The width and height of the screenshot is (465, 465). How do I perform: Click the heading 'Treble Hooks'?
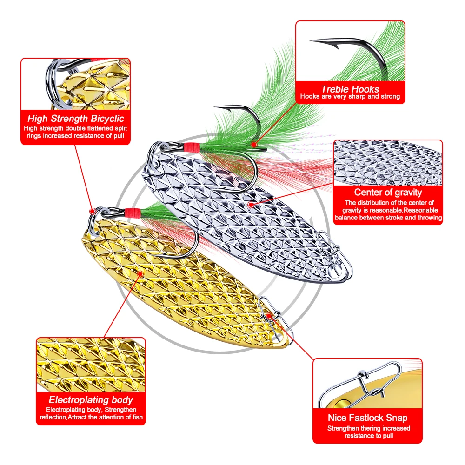(350, 89)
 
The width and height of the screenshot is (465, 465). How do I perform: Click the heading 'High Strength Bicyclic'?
(75, 119)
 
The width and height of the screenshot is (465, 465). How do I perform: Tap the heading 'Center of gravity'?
(388, 192)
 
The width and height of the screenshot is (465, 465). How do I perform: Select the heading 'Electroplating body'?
(91, 400)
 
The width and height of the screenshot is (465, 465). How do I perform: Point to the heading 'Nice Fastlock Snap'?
(367, 418)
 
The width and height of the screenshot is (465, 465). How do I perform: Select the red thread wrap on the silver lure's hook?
(191, 148)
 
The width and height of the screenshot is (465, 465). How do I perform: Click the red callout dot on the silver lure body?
(251, 204)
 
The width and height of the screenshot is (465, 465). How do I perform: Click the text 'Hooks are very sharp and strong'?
(350, 97)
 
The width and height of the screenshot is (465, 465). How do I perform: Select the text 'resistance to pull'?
(369, 436)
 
